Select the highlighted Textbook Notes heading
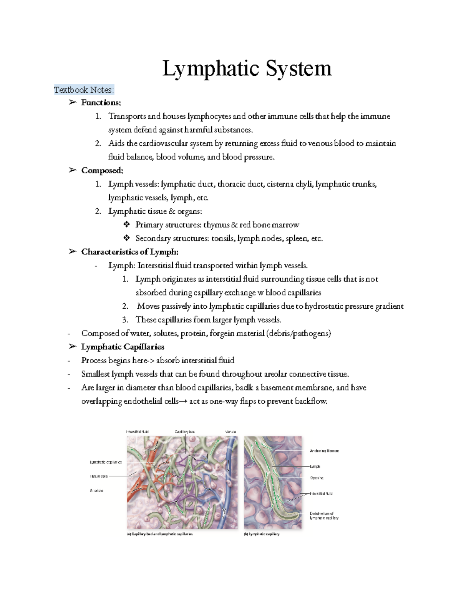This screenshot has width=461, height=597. coord(84,90)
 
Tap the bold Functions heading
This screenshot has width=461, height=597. coord(101,103)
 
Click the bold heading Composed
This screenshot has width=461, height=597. coord(102,170)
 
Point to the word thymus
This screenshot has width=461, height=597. coord(216,225)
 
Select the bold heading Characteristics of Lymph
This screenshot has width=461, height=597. coord(129,252)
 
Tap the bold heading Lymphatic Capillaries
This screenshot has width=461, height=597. coord(123,347)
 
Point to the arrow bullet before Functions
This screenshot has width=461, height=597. coord(72,103)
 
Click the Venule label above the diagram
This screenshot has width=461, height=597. coord(230,432)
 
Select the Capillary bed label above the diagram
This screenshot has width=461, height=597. coord(185,432)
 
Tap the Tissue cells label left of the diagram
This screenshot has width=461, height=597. coord(99,476)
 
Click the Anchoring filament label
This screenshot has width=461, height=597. coord(324,451)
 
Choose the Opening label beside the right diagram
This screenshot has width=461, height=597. coord(317,478)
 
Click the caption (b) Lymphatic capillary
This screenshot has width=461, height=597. coord(262,534)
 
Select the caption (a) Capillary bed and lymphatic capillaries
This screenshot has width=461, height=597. coord(159,534)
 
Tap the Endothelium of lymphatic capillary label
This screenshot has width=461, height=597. coord(324,516)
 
